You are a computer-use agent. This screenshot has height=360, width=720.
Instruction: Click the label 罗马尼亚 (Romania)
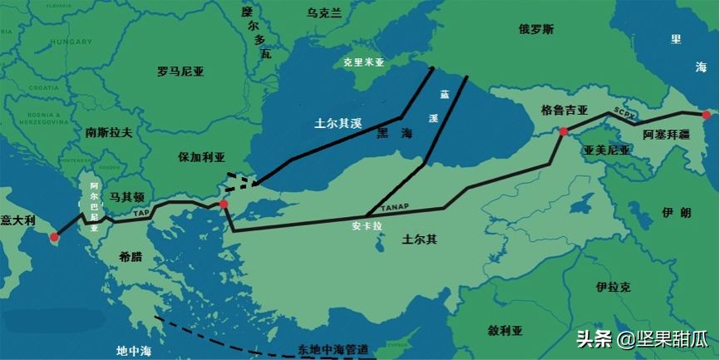[180, 72]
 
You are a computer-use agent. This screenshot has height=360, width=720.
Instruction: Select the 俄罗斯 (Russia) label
[535, 29]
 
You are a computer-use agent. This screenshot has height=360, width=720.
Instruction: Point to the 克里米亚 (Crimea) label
[364, 62]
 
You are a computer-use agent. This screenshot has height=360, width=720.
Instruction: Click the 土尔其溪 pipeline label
[338, 124]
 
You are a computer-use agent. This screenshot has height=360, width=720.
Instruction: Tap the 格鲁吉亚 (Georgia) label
[565, 110]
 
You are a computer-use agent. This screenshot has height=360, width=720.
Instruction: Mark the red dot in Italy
[54, 237]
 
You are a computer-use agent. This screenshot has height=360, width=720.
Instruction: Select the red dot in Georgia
[563, 131]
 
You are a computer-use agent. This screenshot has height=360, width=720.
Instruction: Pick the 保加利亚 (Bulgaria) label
[201, 156]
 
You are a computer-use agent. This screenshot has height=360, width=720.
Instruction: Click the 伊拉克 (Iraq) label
[613, 287]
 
